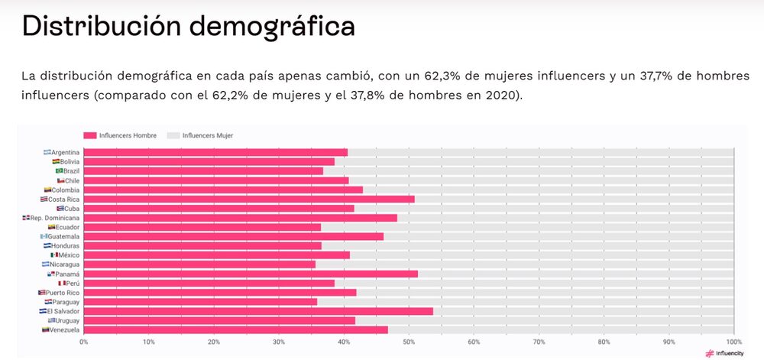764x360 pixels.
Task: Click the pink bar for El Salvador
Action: click(x=258, y=311)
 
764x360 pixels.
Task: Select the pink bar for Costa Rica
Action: click(x=249, y=199)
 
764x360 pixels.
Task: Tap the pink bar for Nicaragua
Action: click(x=199, y=264)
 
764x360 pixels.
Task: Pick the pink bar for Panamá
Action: click(x=251, y=274)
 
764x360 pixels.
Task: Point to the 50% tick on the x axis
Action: click(x=409, y=342)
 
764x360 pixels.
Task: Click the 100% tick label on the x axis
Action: click(x=733, y=342)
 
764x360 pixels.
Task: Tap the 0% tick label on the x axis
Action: click(x=84, y=342)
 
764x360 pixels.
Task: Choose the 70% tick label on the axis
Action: click(x=539, y=342)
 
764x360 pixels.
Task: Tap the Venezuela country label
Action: click(x=65, y=330)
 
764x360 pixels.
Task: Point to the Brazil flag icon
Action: click(x=59, y=171)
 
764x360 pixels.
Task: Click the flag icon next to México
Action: click(x=54, y=255)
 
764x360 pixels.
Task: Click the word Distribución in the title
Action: click(x=98, y=26)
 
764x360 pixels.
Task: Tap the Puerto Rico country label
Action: click(x=63, y=293)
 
